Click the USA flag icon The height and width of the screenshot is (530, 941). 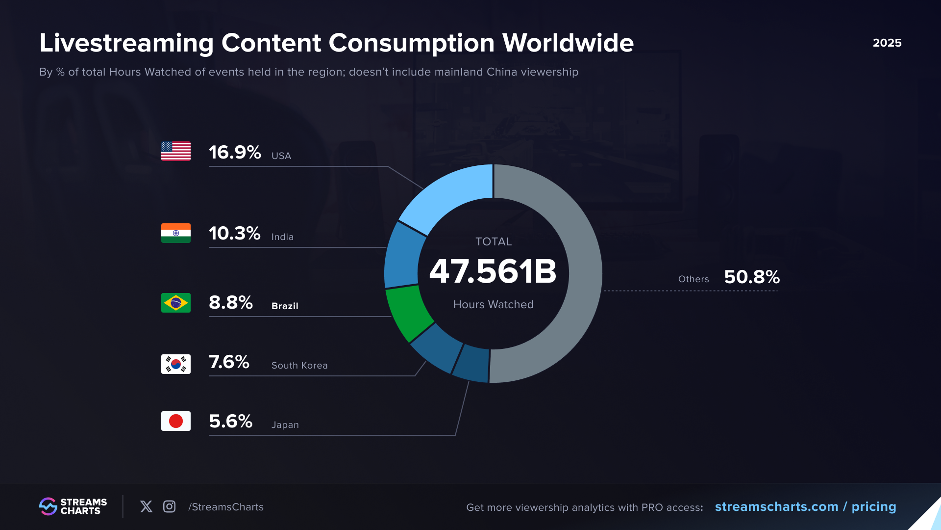point(176,151)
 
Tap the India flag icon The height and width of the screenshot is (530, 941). point(176,233)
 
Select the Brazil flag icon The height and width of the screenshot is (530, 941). point(176,303)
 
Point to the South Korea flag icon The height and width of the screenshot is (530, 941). point(176,364)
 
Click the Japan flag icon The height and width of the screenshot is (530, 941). point(176,421)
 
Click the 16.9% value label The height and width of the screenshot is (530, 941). point(235,152)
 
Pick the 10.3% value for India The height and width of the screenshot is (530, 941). point(234,233)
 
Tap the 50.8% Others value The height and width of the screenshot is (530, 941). point(752,277)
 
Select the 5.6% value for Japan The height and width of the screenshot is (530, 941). point(230,421)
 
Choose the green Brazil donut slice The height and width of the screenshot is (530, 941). point(408,312)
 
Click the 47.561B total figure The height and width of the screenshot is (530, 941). point(493,271)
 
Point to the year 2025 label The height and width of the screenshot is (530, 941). point(887,43)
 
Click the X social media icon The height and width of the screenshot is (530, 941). point(146,506)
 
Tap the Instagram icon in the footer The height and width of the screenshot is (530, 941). point(169,506)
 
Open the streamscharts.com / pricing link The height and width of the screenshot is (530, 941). point(805,506)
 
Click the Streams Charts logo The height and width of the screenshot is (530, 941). point(73,506)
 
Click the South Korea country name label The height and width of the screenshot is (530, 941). point(299,366)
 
